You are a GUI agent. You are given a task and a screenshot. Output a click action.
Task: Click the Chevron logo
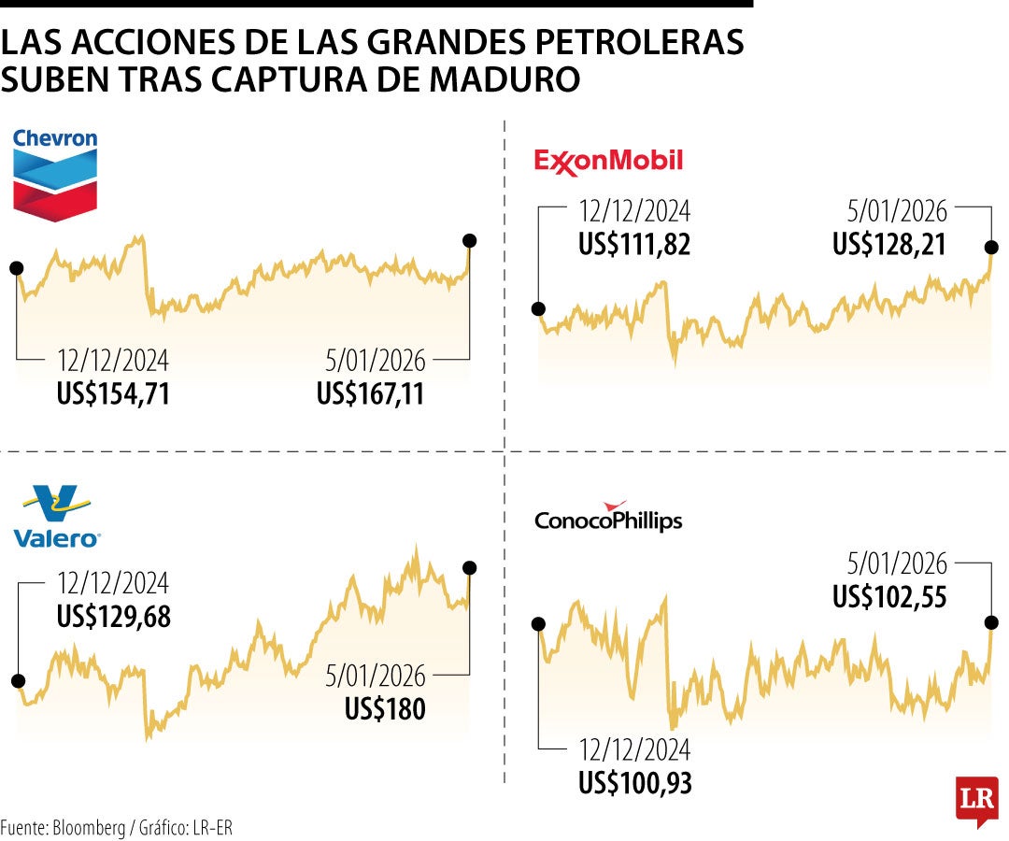(55, 175)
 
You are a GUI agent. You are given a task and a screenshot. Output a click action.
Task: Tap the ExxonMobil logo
(608, 162)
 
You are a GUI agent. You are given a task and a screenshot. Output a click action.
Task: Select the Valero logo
(57, 516)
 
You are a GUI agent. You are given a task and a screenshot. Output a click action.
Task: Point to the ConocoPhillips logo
(608, 518)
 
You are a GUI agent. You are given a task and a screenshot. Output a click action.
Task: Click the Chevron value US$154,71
(113, 393)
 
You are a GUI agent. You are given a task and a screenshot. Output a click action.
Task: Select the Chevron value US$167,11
(371, 393)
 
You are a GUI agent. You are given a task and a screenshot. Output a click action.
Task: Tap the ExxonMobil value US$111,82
(634, 244)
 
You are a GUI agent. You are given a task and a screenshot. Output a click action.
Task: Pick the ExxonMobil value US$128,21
(889, 244)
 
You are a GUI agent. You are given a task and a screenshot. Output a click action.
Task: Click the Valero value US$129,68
(113, 617)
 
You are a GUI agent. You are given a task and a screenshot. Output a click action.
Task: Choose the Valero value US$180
(385, 709)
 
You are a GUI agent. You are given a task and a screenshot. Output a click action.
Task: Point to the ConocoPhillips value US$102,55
(889, 596)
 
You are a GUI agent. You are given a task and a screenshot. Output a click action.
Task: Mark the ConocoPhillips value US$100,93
(634, 782)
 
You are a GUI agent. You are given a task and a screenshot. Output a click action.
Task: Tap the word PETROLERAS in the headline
(632, 42)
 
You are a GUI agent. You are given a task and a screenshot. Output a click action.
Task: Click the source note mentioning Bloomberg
(116, 828)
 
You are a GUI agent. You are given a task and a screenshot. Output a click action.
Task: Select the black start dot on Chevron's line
(16, 268)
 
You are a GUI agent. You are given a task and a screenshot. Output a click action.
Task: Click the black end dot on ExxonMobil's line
(990, 248)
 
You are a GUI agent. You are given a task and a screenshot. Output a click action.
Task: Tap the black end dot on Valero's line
(470, 567)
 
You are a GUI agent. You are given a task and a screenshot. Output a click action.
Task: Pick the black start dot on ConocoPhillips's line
(538, 623)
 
